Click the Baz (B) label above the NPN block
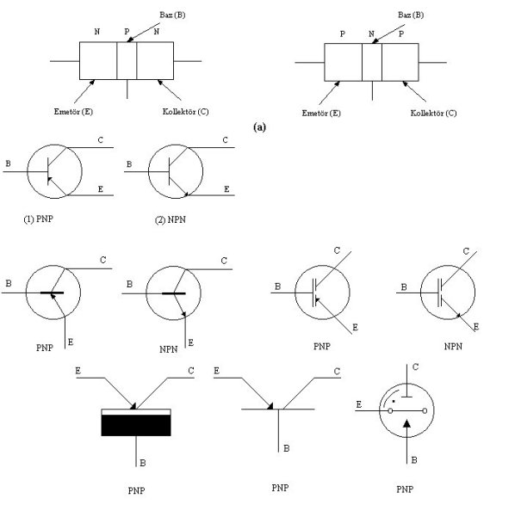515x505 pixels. tap(172, 15)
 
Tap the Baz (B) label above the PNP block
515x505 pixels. tap(411, 15)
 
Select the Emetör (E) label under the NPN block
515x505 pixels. tap(73, 112)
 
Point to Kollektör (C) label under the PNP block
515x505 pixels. tap(433, 114)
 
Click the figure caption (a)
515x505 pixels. tap(259, 127)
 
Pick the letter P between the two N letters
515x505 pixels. tap(127, 32)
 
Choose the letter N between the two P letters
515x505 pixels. tap(371, 34)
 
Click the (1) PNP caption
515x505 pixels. tap(39, 219)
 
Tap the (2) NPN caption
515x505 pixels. tap(171, 219)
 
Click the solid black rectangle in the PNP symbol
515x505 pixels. tap(136, 425)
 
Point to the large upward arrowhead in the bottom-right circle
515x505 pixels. tap(407, 423)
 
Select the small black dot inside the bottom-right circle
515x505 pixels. tap(394, 401)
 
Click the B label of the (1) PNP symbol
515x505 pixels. tap(8, 163)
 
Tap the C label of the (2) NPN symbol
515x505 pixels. tap(225, 140)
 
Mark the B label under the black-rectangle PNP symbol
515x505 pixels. tap(143, 463)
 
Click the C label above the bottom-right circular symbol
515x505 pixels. tap(415, 366)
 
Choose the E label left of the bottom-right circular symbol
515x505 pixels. tap(358, 405)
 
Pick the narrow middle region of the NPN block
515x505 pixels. tap(127, 61)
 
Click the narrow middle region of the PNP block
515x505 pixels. tap(372, 62)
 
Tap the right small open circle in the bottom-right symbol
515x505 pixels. tap(425, 411)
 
